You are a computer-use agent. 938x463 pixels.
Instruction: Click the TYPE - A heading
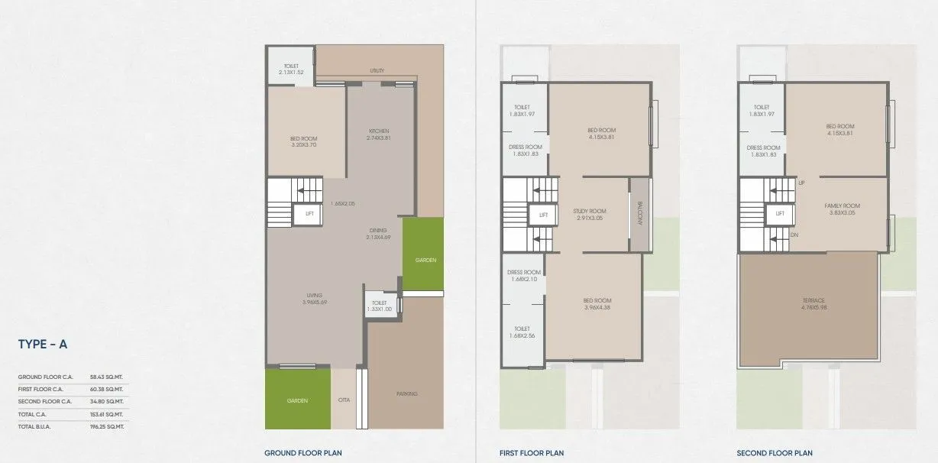[43, 345]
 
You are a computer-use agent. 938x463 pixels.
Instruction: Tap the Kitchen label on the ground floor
[378, 134]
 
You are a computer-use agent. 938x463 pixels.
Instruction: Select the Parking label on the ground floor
[406, 394]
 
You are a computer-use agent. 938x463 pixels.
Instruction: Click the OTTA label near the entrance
[344, 399]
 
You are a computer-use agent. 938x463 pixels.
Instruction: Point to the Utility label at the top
[377, 71]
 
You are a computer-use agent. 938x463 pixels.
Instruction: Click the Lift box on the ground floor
[309, 214]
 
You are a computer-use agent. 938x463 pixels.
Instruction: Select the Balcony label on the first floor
[640, 215]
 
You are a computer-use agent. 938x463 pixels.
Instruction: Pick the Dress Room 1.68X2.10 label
[524, 276]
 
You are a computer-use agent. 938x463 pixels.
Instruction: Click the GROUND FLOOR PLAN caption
[297, 453]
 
